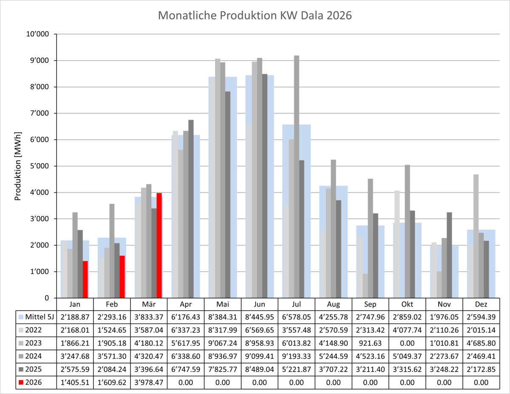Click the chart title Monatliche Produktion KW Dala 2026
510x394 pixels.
tap(255, 16)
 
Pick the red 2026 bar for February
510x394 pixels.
tap(122, 276)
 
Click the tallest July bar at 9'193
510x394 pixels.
tap(297, 177)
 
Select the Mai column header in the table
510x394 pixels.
tap(223, 304)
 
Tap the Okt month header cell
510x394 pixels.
tap(407, 304)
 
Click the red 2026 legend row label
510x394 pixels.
tap(34, 383)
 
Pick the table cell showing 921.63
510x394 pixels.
tap(371, 343)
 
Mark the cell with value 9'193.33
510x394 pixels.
tap(297, 356)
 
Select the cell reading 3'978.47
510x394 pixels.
tap(149, 383)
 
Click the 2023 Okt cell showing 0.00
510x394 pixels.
tap(407, 343)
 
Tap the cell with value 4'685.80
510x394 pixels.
tap(481, 343)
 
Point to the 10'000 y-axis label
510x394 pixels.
tap(39, 34)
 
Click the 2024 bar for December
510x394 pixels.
tap(481, 265)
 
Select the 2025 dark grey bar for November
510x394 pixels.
tap(450, 255)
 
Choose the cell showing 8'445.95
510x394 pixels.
tap(260, 316)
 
